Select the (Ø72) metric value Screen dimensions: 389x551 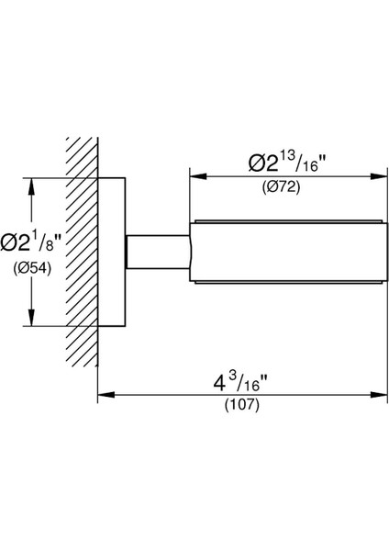[x=282, y=187]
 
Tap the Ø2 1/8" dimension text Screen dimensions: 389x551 [x=31, y=242]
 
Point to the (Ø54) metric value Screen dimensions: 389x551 [x=32, y=269]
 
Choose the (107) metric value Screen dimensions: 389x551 [x=242, y=405]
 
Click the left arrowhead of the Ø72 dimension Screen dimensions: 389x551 [x=198, y=176]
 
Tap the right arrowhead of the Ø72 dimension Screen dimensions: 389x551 [x=379, y=176]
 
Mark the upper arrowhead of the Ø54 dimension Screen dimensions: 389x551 [x=32, y=186]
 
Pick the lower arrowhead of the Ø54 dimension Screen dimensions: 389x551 [x=32, y=318]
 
